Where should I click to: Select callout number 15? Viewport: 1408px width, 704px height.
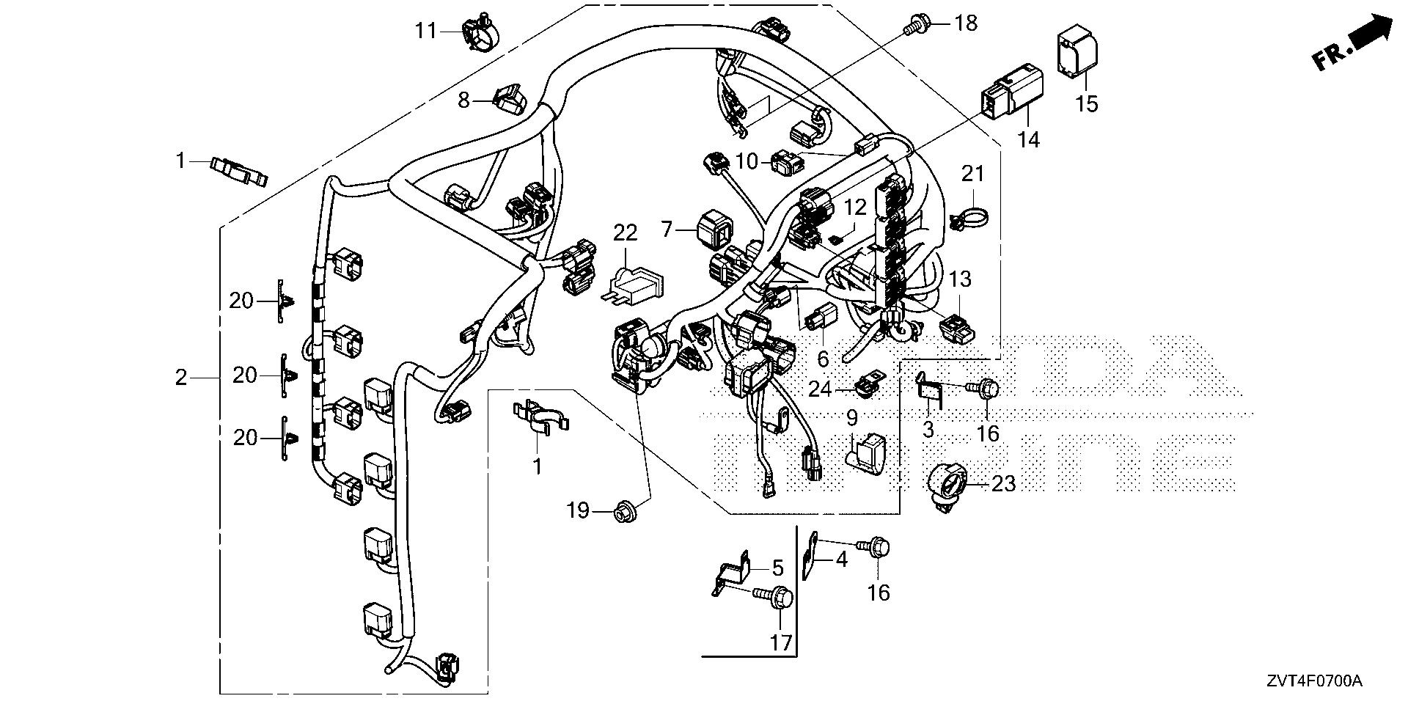tap(1087, 104)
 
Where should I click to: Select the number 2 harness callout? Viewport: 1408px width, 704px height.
tap(180, 378)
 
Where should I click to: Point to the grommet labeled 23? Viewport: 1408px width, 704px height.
tap(949, 482)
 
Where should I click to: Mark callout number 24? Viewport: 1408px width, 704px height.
tap(820, 389)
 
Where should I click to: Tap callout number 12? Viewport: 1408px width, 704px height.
tap(855, 208)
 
